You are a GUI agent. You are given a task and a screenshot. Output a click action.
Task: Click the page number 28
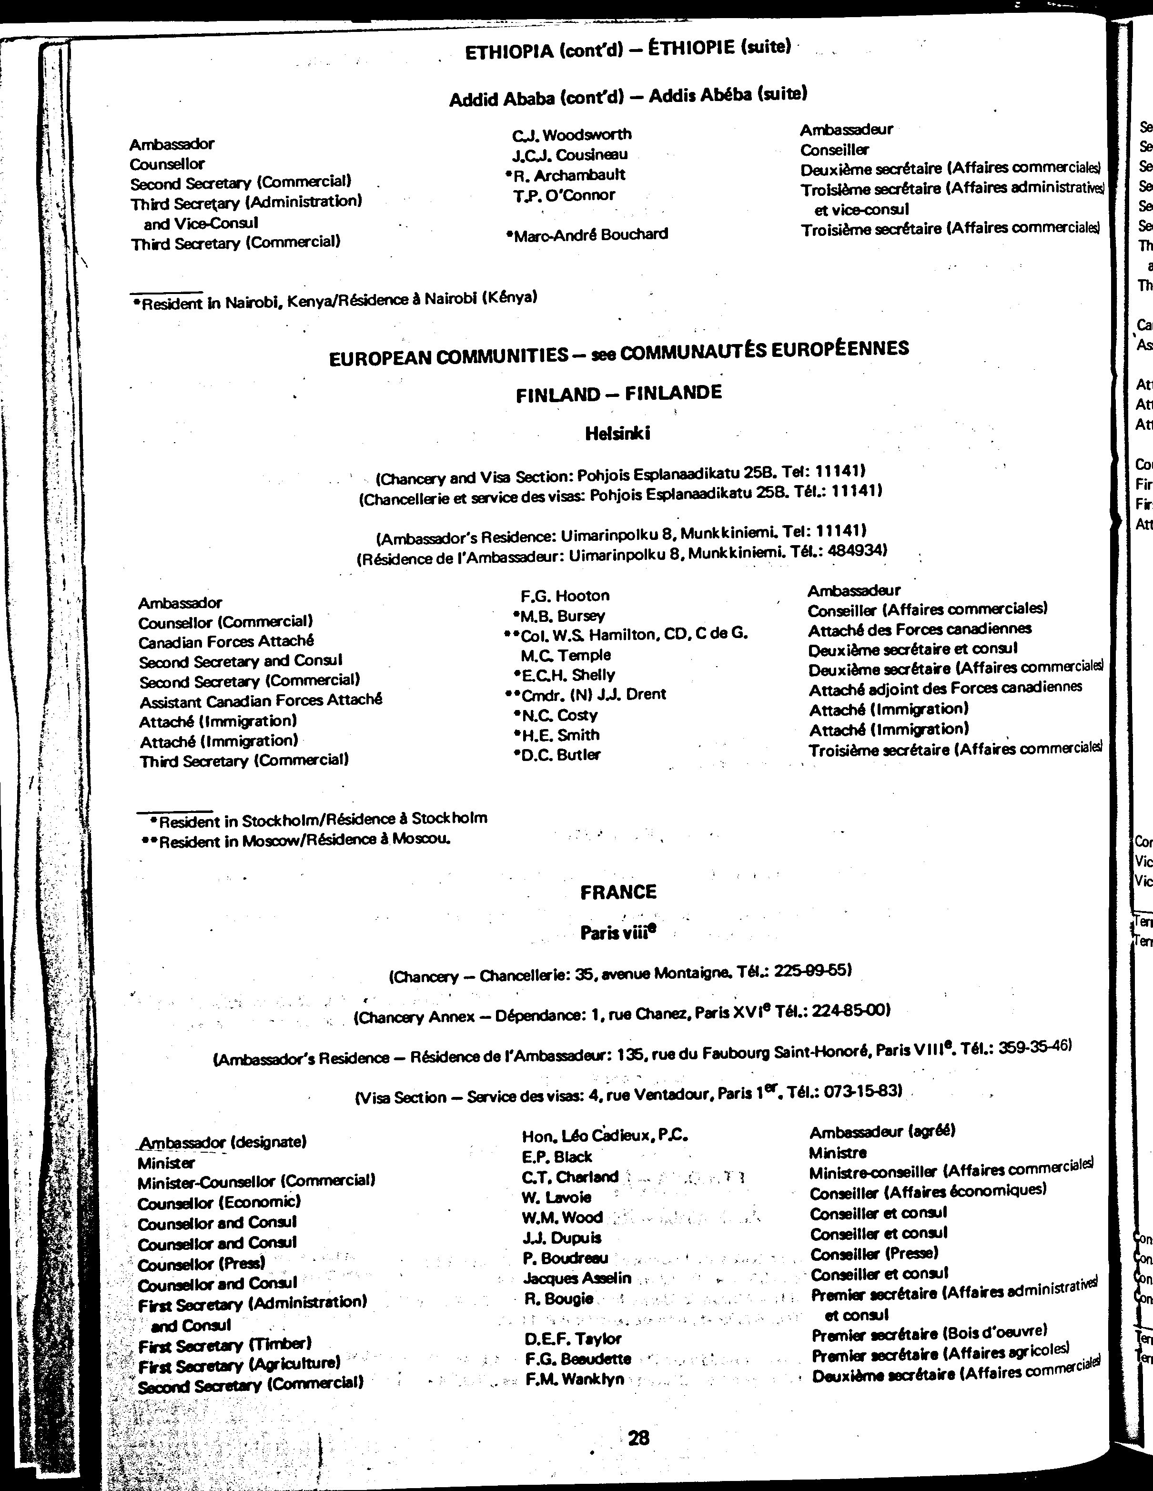tap(638, 1437)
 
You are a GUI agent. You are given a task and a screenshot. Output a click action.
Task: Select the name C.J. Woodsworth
tap(572, 134)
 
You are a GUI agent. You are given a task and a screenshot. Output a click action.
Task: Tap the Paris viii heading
tap(618, 932)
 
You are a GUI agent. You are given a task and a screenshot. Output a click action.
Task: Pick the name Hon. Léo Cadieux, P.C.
tap(604, 1136)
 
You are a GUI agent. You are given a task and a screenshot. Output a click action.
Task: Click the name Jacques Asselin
tap(577, 1278)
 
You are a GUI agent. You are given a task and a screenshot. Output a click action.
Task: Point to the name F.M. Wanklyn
tap(575, 1379)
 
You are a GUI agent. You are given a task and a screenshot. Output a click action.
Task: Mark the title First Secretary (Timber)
tap(224, 1345)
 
